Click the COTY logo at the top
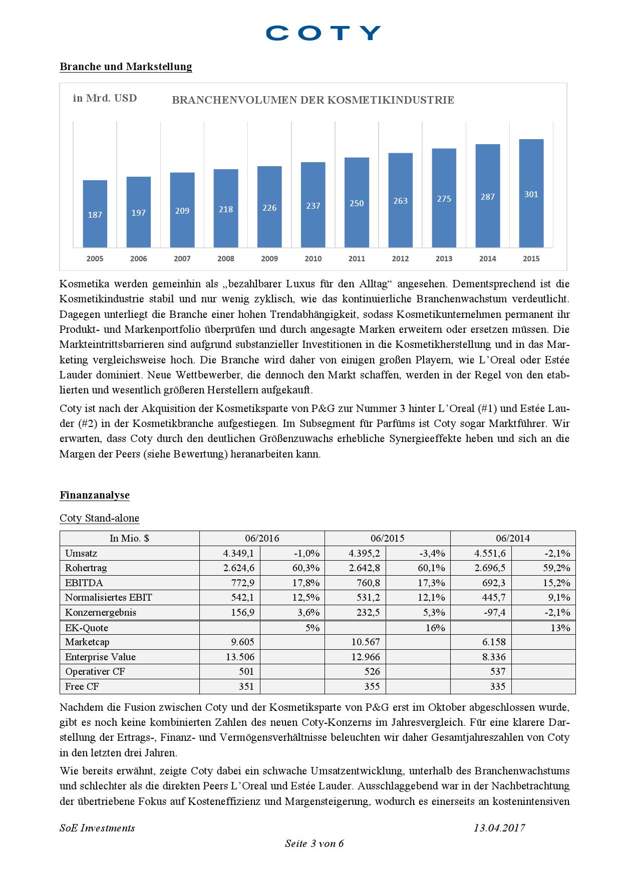323,33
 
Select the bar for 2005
95,213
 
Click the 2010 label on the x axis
313,259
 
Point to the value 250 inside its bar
357,203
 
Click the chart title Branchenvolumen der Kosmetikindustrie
313,100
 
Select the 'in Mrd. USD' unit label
105,98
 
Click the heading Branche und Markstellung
126,67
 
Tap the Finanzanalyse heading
95,495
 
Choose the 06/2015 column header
387,539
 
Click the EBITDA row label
84,583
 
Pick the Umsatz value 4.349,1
238,554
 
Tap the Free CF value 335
498,686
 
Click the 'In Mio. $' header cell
129,539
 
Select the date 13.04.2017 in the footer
499,828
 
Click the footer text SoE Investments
97,828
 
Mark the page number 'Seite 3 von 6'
314,843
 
